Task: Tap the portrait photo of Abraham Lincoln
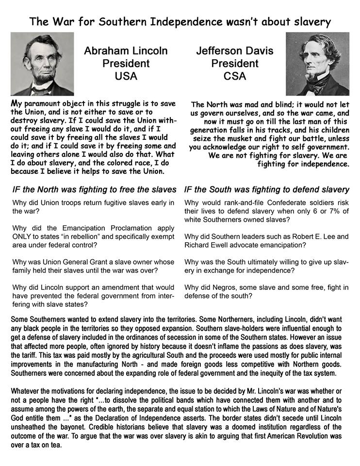point(42,64)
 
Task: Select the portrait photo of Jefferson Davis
point(317,64)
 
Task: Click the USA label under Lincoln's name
point(126,76)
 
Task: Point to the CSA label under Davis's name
point(235,76)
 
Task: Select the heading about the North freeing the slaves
point(94,189)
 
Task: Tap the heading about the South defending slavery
point(267,189)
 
